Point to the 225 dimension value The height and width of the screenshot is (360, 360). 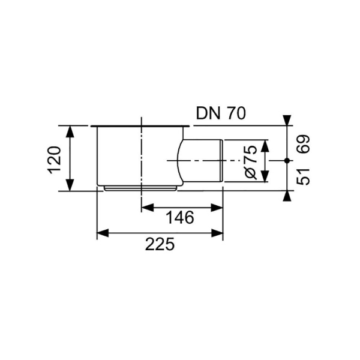pyautogui.click(x=160, y=244)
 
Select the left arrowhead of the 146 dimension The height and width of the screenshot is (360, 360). pyautogui.click(x=146, y=208)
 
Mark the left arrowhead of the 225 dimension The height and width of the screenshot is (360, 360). pyautogui.click(x=103, y=233)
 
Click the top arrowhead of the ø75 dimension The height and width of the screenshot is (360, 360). pyautogui.click(x=266, y=146)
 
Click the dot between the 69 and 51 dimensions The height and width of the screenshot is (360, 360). pyautogui.click(x=287, y=161)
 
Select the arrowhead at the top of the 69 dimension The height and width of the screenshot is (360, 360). pyautogui.click(x=287, y=121)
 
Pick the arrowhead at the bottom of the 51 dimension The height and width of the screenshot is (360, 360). pyautogui.click(x=287, y=196)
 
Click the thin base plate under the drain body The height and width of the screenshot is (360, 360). pyautogui.click(x=140, y=188)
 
